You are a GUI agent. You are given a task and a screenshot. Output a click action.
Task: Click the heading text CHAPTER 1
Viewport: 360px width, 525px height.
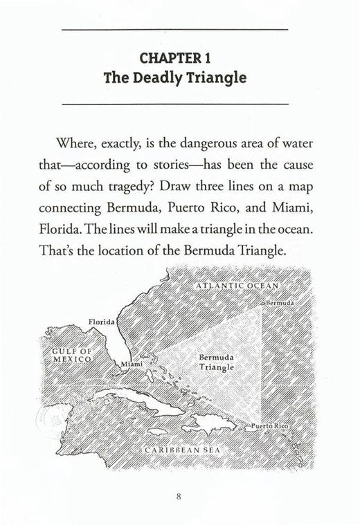[x=175, y=55]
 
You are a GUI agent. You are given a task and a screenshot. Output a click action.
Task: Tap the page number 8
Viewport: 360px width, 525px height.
[x=179, y=495]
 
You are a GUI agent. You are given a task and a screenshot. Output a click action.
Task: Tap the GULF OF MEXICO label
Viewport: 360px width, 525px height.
[x=72, y=356]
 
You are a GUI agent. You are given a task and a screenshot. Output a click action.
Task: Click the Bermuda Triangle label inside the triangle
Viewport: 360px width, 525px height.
[x=217, y=362]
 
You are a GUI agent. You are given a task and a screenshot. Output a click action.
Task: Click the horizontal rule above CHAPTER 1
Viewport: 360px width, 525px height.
[x=175, y=30]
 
